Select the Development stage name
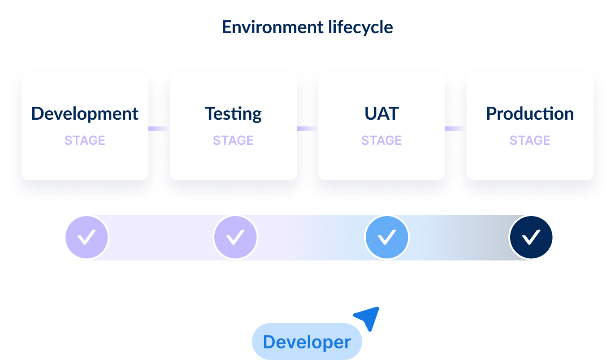tap(85, 114)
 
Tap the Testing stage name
tap(233, 114)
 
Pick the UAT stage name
tap(381, 114)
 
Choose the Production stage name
tap(530, 114)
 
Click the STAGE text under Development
tap(85, 140)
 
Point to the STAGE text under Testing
tap(233, 140)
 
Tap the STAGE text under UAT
tap(381, 140)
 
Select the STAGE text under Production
tap(530, 140)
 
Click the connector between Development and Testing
tap(159, 129)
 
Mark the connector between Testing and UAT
tap(307, 129)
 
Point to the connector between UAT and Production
tap(455, 129)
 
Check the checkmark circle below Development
tap(87, 237)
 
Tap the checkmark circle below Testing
tap(235, 237)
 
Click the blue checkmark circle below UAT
tap(387, 237)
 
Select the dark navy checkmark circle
tap(531, 237)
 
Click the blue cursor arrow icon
tap(369, 317)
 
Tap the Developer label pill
tap(307, 342)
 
